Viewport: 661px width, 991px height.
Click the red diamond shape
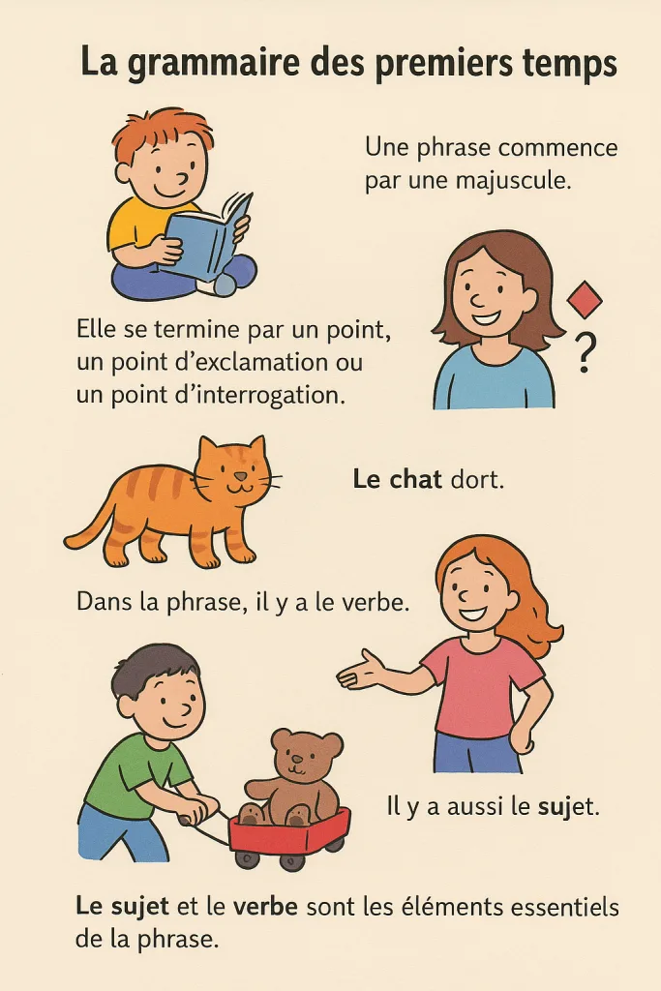point(585,298)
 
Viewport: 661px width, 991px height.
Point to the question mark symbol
point(586,352)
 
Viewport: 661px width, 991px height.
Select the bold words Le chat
point(397,480)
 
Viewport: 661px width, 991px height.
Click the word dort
point(477,480)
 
